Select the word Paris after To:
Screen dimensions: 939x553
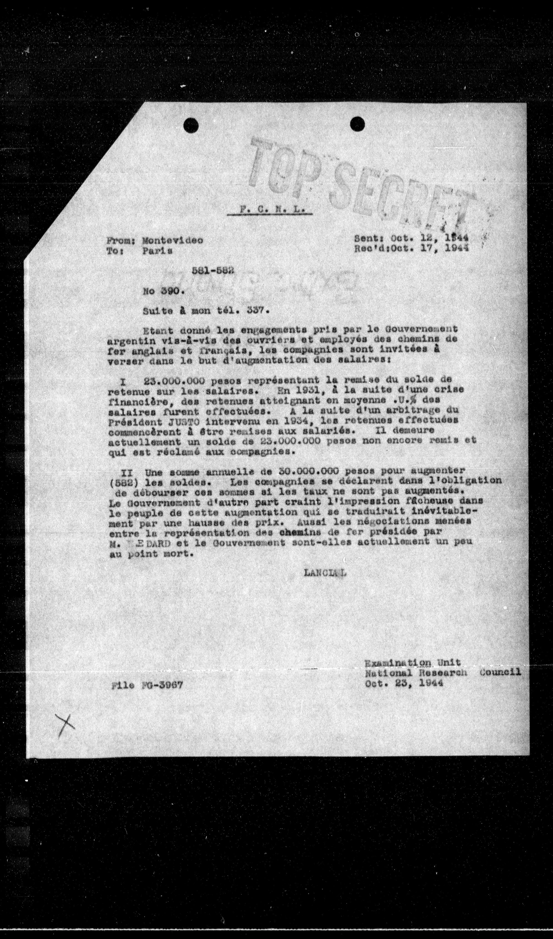click(157, 251)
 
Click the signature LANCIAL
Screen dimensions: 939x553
click(324, 573)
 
